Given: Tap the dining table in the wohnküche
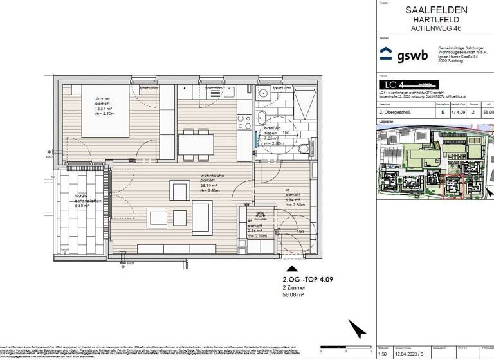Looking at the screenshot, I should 196,142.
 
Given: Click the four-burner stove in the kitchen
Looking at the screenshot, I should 244,120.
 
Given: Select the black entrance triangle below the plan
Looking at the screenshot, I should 292,270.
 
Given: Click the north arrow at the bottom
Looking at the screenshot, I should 354,328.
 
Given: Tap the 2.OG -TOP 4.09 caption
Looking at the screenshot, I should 307,281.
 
